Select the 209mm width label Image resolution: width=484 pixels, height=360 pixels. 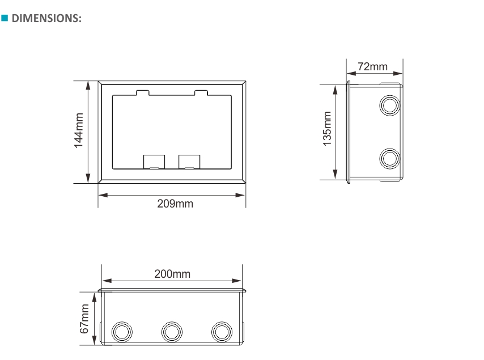pos(175,204)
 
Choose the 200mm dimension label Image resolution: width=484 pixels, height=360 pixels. pos(173,274)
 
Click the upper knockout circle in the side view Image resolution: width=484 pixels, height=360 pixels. pos(389,105)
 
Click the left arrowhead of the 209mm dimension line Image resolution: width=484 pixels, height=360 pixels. pos(101,195)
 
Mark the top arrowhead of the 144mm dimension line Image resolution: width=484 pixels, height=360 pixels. pos(88,85)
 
